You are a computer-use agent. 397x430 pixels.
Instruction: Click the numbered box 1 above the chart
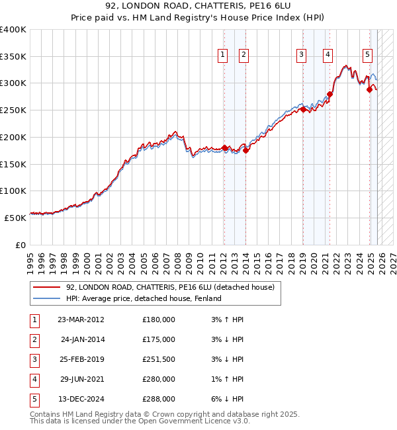point(223,55)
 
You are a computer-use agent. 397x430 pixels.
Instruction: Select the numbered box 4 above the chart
point(328,55)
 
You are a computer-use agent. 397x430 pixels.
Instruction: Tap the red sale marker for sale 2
point(245,150)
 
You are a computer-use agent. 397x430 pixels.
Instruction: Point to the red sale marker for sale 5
point(369,89)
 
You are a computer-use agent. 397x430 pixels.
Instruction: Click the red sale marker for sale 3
point(303,109)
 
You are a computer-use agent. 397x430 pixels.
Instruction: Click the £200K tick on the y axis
point(13,137)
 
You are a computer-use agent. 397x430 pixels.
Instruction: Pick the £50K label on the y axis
point(15,217)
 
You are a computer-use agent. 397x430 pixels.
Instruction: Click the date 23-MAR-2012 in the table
point(81,320)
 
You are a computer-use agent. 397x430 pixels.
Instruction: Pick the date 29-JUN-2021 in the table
point(81,379)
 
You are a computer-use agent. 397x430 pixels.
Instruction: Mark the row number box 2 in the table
point(33,339)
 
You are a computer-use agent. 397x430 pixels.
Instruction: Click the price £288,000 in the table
point(159,399)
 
